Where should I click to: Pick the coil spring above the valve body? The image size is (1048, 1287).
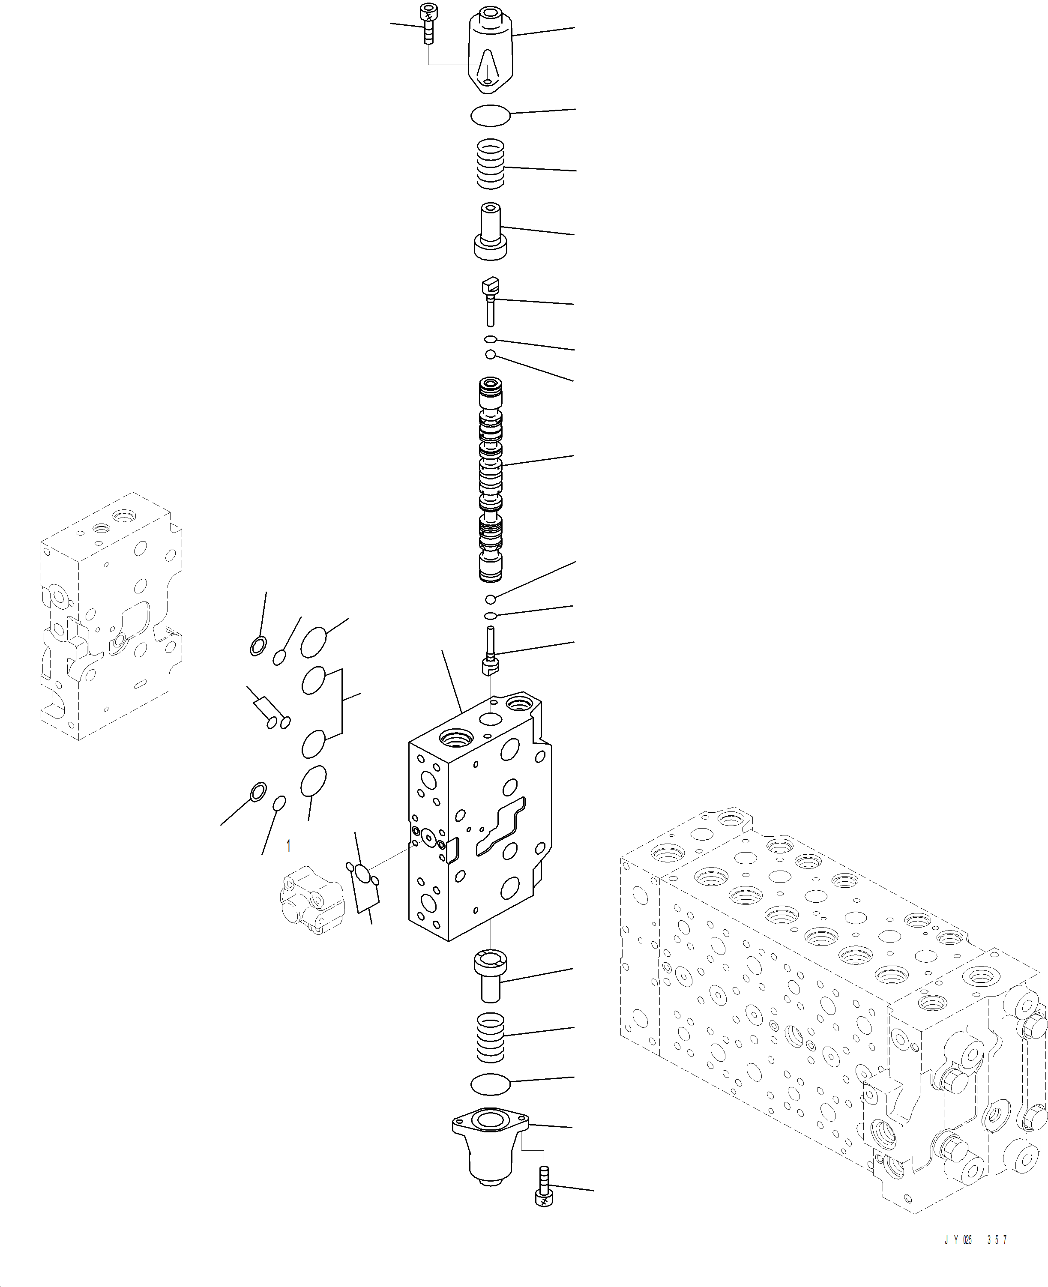pyautogui.click(x=490, y=164)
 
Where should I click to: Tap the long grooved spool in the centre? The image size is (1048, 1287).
pyautogui.click(x=490, y=480)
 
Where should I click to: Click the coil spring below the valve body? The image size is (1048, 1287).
pyautogui.click(x=490, y=1038)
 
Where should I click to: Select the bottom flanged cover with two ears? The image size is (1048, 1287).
pyautogui.click(x=490, y=1140)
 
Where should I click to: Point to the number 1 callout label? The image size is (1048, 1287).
pyautogui.click(x=288, y=846)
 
